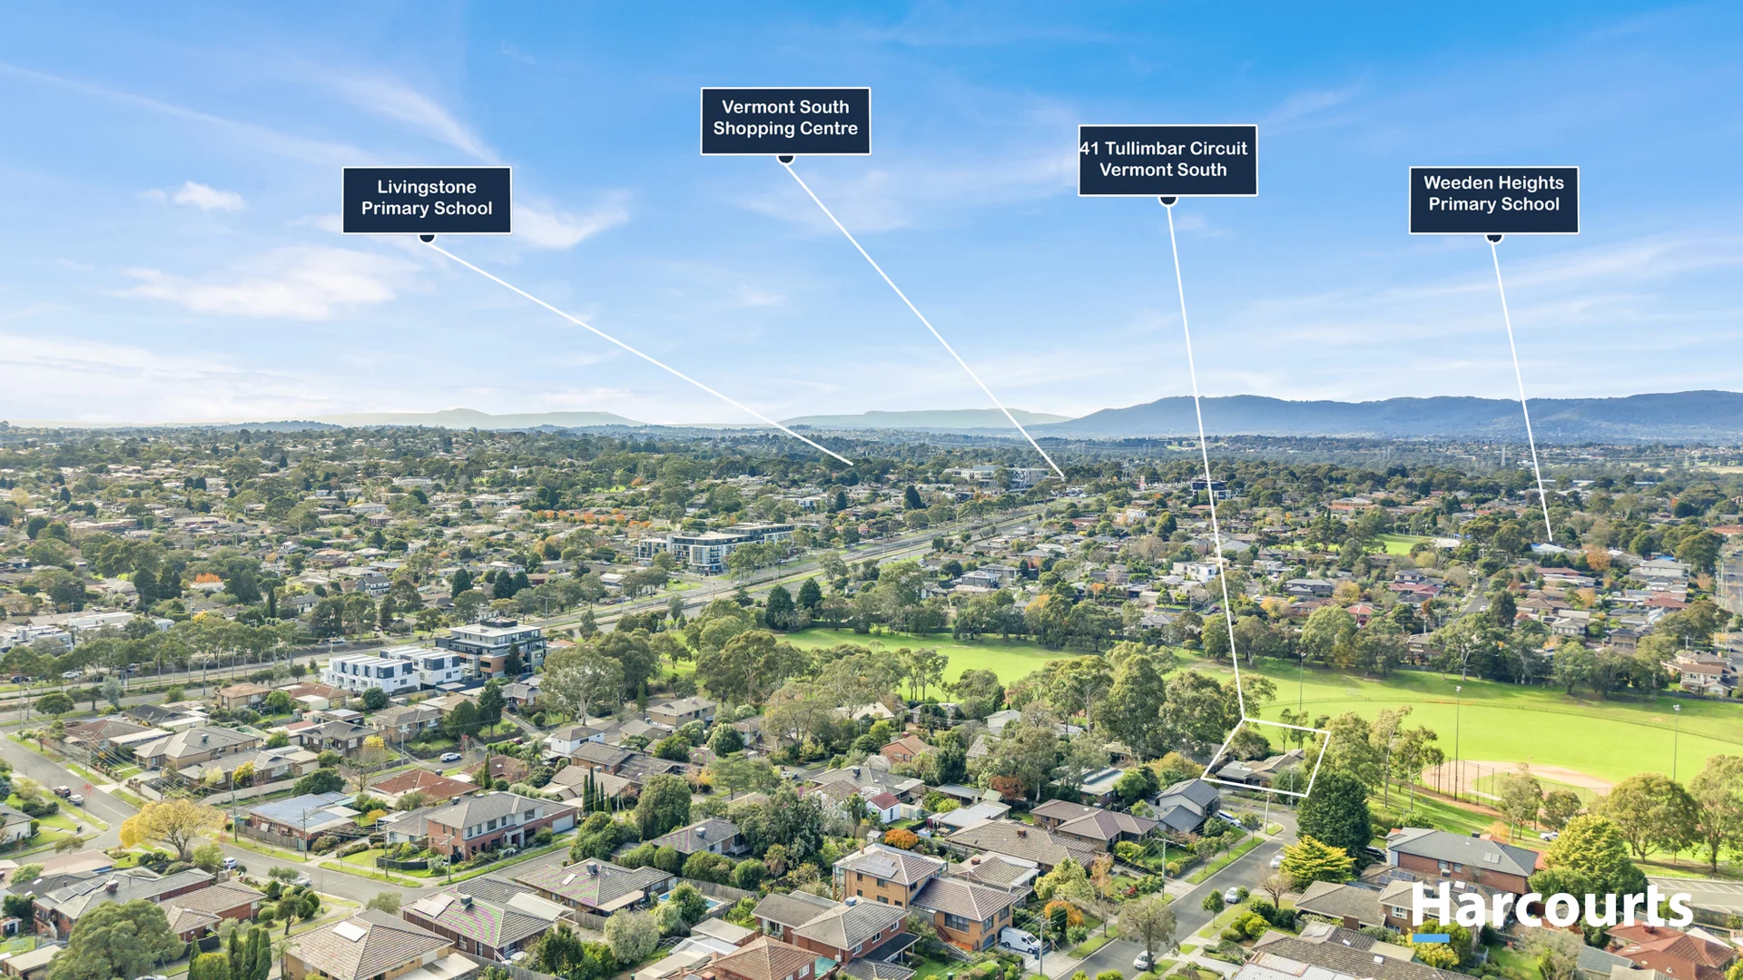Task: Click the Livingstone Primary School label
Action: (x=427, y=200)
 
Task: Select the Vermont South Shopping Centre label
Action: (x=785, y=121)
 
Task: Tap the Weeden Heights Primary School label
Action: (x=1493, y=200)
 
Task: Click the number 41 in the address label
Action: (x=1089, y=149)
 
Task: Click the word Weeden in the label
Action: (x=1455, y=183)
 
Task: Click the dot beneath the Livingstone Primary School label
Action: (x=427, y=238)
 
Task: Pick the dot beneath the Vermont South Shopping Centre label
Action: (x=786, y=159)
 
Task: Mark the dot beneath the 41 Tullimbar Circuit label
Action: (x=1168, y=201)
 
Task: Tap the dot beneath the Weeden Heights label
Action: (x=1494, y=239)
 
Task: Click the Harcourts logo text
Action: (x=1551, y=906)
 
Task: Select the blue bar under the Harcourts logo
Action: (x=1431, y=938)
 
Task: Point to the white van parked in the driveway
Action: (x=1019, y=940)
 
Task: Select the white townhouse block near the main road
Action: (x=395, y=670)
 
